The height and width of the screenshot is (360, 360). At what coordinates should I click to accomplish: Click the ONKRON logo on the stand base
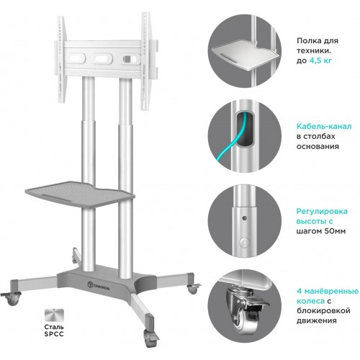pyautogui.click(x=98, y=286)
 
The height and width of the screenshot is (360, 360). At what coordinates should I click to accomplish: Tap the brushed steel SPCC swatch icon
pyautogui.click(x=54, y=315)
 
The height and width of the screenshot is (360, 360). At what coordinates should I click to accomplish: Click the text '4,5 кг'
pyautogui.click(x=320, y=60)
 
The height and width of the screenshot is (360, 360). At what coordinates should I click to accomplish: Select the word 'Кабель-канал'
pyautogui.click(x=324, y=126)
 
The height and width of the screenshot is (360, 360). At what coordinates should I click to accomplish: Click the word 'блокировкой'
pyautogui.click(x=323, y=311)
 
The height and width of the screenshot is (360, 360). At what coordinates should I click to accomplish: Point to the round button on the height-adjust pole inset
pyautogui.click(x=244, y=243)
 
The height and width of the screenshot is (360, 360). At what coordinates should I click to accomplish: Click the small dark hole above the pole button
pyautogui.click(x=245, y=218)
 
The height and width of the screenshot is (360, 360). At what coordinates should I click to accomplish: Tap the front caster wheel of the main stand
pyautogui.click(x=149, y=336)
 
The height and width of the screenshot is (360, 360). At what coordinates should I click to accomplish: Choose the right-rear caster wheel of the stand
pyautogui.click(x=193, y=289)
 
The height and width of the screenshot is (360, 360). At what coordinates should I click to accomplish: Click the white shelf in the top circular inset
pyautogui.click(x=245, y=57)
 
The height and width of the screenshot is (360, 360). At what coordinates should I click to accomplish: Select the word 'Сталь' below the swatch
pyautogui.click(x=54, y=327)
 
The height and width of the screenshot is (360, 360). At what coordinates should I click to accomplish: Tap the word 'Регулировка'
pyautogui.click(x=322, y=212)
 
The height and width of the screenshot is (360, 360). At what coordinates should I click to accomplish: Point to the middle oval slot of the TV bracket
pyautogui.click(x=102, y=58)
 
